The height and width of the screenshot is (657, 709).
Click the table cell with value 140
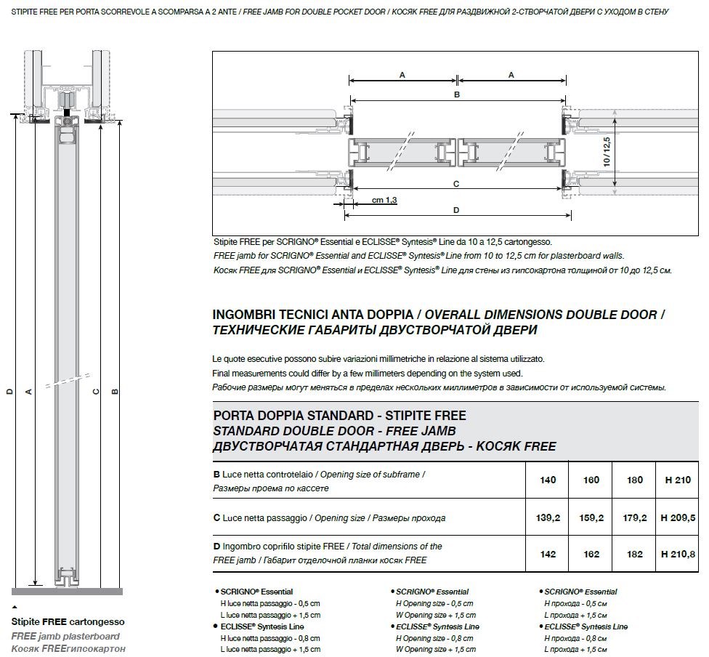[548, 480]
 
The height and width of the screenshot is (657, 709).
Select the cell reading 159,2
[591, 518]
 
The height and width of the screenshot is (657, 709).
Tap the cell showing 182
[634, 554]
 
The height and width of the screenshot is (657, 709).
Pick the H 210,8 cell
[678, 554]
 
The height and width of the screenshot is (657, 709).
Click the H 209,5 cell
[678, 518]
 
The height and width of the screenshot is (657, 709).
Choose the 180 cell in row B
[634, 480]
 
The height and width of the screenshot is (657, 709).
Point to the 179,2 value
[634, 518]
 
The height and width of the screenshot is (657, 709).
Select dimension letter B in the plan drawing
[456, 94]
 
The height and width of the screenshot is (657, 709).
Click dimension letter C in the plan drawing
[456, 184]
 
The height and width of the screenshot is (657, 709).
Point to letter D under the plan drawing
[456, 211]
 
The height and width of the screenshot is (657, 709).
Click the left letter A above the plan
[402, 75]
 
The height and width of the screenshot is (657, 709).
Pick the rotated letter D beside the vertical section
[9, 391]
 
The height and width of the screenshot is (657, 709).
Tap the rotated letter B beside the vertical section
[115, 391]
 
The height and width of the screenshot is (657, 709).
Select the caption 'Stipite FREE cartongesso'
[68, 622]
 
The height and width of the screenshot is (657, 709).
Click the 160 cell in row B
[591, 480]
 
